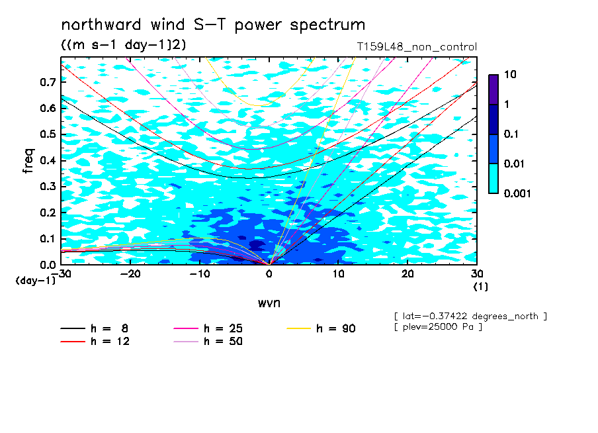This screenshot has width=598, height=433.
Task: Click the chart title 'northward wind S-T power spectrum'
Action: (213, 25)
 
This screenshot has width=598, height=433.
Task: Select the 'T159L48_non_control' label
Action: (417, 47)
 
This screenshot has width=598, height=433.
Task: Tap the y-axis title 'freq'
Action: (28, 161)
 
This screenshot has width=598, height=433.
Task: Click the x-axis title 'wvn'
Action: (269, 303)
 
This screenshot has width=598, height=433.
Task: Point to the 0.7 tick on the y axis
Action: (48, 82)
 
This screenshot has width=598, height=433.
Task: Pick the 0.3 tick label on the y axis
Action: (48, 186)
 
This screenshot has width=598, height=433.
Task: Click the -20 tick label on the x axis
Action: (130, 274)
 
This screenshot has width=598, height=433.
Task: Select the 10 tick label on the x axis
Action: (338, 274)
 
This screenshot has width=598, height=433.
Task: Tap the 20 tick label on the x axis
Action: (407, 274)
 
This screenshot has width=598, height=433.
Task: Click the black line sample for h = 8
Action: (73, 328)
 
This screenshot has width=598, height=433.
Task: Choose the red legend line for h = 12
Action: (73, 342)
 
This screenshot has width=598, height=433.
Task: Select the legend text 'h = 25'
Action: (223, 328)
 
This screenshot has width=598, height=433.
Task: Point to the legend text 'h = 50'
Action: (223, 342)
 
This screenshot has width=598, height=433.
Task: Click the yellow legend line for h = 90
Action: (298, 328)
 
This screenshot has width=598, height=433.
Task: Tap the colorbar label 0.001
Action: (517, 193)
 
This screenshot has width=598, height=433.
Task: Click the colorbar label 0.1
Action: (511, 134)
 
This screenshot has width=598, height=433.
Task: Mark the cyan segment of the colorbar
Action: (493, 179)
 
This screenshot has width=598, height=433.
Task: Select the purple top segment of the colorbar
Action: (493, 89)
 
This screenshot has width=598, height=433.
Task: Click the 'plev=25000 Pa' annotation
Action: (438, 327)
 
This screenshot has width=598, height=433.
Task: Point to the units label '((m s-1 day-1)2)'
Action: (124, 45)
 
